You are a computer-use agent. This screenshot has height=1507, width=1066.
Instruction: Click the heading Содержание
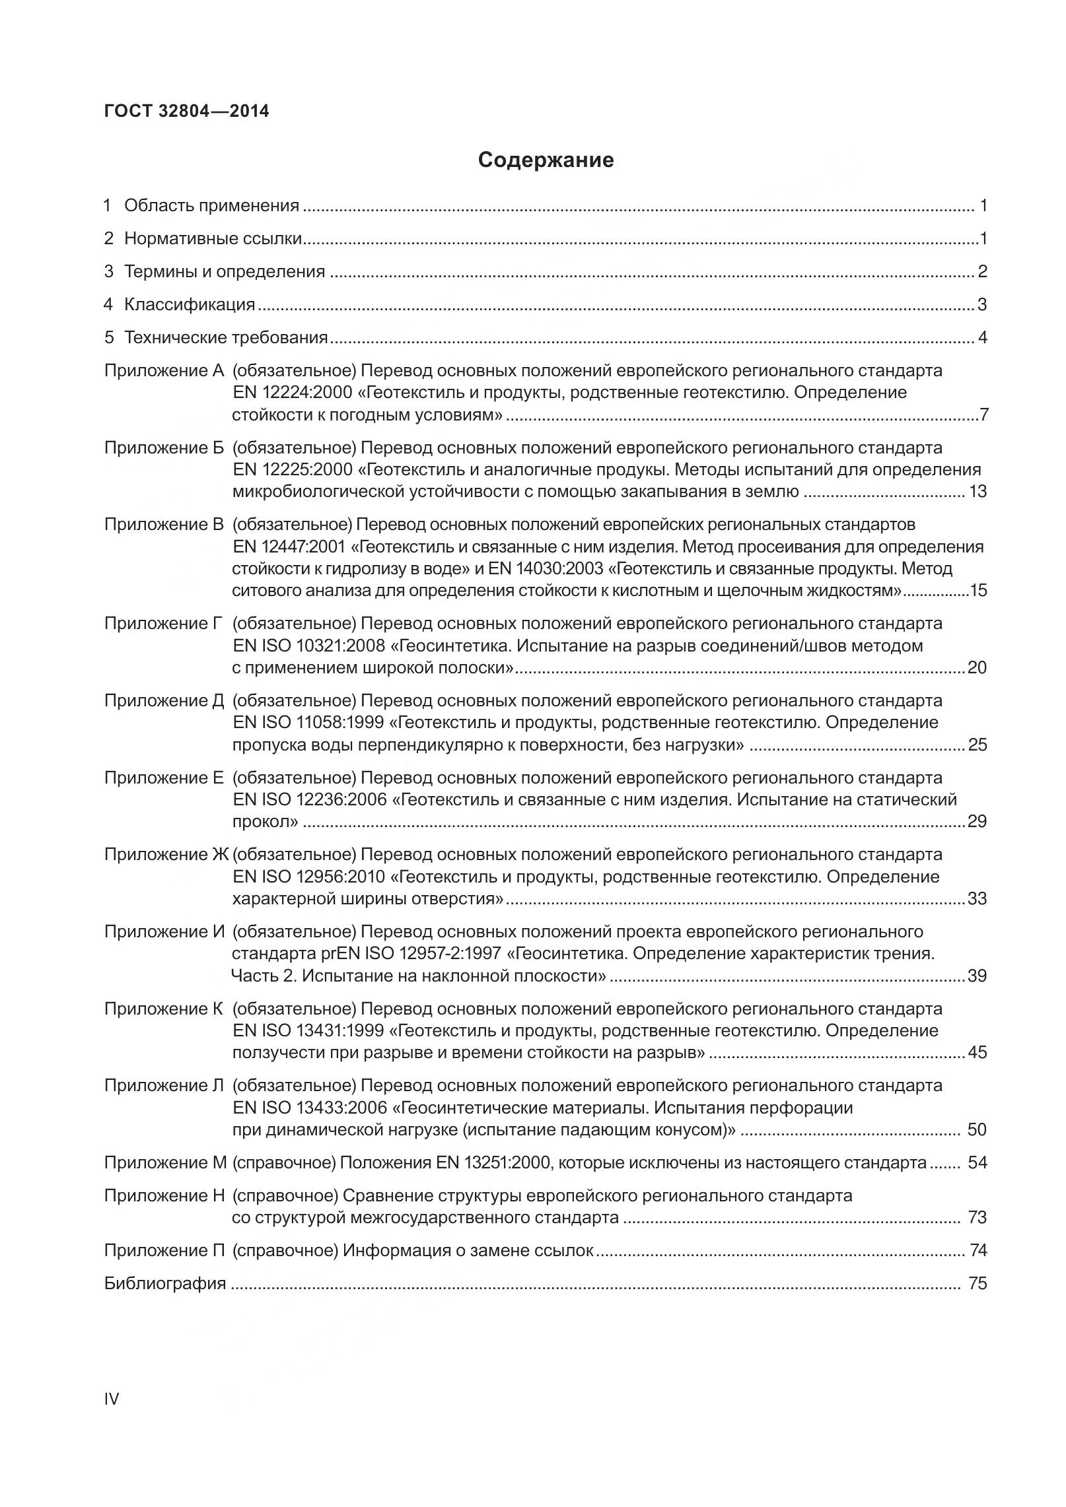pos(546,160)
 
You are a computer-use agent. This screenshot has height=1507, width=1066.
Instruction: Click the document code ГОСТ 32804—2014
pos(186,111)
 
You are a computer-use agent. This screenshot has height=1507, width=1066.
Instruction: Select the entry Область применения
pos(211,206)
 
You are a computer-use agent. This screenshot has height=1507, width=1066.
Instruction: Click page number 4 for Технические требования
pos(982,338)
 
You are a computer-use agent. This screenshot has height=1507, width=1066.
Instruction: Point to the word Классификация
pos(190,305)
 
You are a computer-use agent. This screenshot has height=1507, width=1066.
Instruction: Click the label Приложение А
pos(164,370)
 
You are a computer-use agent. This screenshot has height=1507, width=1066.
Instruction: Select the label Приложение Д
pos(164,700)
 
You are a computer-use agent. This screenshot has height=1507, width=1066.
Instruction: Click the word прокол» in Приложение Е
pos(265,822)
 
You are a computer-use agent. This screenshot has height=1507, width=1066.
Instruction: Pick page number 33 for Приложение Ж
pos(977,899)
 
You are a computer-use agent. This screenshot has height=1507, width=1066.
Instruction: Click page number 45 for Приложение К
pos(977,1053)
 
